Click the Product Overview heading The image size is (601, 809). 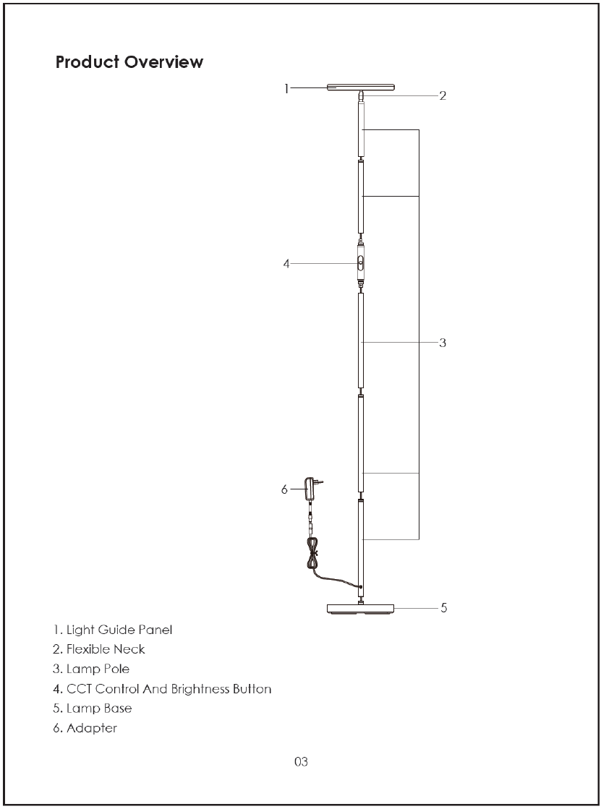(x=129, y=62)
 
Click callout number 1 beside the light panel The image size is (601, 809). (x=286, y=88)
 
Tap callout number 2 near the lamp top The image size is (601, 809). (x=443, y=95)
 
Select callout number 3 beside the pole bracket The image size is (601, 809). (x=443, y=343)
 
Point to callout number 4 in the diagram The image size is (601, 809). (x=286, y=264)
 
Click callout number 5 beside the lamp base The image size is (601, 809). (x=443, y=608)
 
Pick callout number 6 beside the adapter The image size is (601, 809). (x=284, y=489)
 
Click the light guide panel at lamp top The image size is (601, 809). (x=361, y=87)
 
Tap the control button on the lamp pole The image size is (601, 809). (x=360, y=265)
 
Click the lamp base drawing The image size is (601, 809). (x=360, y=609)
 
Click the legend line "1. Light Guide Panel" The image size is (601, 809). (x=113, y=630)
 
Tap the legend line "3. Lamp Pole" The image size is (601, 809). (x=91, y=669)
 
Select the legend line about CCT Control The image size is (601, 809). (x=162, y=688)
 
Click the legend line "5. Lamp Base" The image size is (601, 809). (x=92, y=708)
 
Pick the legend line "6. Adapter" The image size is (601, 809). (x=85, y=728)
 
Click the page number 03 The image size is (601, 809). (x=301, y=761)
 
